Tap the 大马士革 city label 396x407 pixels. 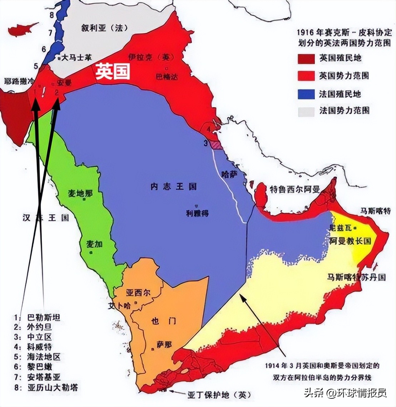(77, 57)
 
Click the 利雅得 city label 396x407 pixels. (197, 213)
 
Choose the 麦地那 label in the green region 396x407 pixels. (80, 193)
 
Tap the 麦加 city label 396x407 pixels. (94, 244)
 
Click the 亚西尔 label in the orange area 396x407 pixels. (138, 293)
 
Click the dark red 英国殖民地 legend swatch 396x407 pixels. (306, 58)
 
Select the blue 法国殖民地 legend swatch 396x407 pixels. (306, 94)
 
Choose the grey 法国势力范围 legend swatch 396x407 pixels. (306, 111)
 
